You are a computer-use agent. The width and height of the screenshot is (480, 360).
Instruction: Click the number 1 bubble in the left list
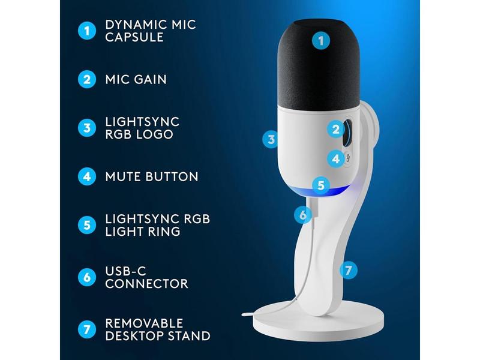tap(87, 31)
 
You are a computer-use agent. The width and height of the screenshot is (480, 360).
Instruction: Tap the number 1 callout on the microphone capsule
tap(321, 41)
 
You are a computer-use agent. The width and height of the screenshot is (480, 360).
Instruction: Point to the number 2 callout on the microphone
tap(336, 129)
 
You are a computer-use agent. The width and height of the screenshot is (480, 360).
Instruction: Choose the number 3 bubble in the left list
tap(87, 128)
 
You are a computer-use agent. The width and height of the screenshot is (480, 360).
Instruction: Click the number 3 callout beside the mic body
tap(271, 140)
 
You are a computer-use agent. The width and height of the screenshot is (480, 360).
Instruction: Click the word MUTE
tap(123, 177)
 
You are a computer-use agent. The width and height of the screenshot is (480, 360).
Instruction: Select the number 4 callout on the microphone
tap(336, 159)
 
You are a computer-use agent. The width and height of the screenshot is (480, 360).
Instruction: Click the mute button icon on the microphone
tap(348, 158)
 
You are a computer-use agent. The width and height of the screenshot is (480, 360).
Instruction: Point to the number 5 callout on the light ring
tap(321, 185)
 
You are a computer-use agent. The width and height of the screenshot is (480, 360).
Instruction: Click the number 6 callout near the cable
tap(303, 215)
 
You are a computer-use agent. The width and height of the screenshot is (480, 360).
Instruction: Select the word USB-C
tap(126, 271)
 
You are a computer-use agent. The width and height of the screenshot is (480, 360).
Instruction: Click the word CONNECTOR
tap(146, 284)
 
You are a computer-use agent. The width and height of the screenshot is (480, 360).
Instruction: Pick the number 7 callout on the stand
tap(349, 271)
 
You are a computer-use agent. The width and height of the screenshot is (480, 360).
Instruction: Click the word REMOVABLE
tap(144, 323)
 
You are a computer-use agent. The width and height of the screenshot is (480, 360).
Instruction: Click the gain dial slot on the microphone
tap(347, 133)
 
